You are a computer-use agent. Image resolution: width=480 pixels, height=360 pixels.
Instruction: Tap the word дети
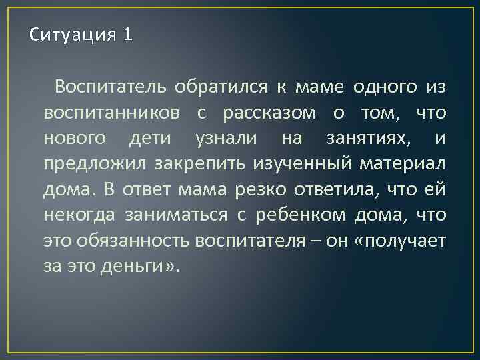(x=151, y=139)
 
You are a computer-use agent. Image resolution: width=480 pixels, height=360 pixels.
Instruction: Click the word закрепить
(x=203, y=165)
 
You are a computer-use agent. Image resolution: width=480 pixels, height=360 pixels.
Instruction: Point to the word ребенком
(x=302, y=215)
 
